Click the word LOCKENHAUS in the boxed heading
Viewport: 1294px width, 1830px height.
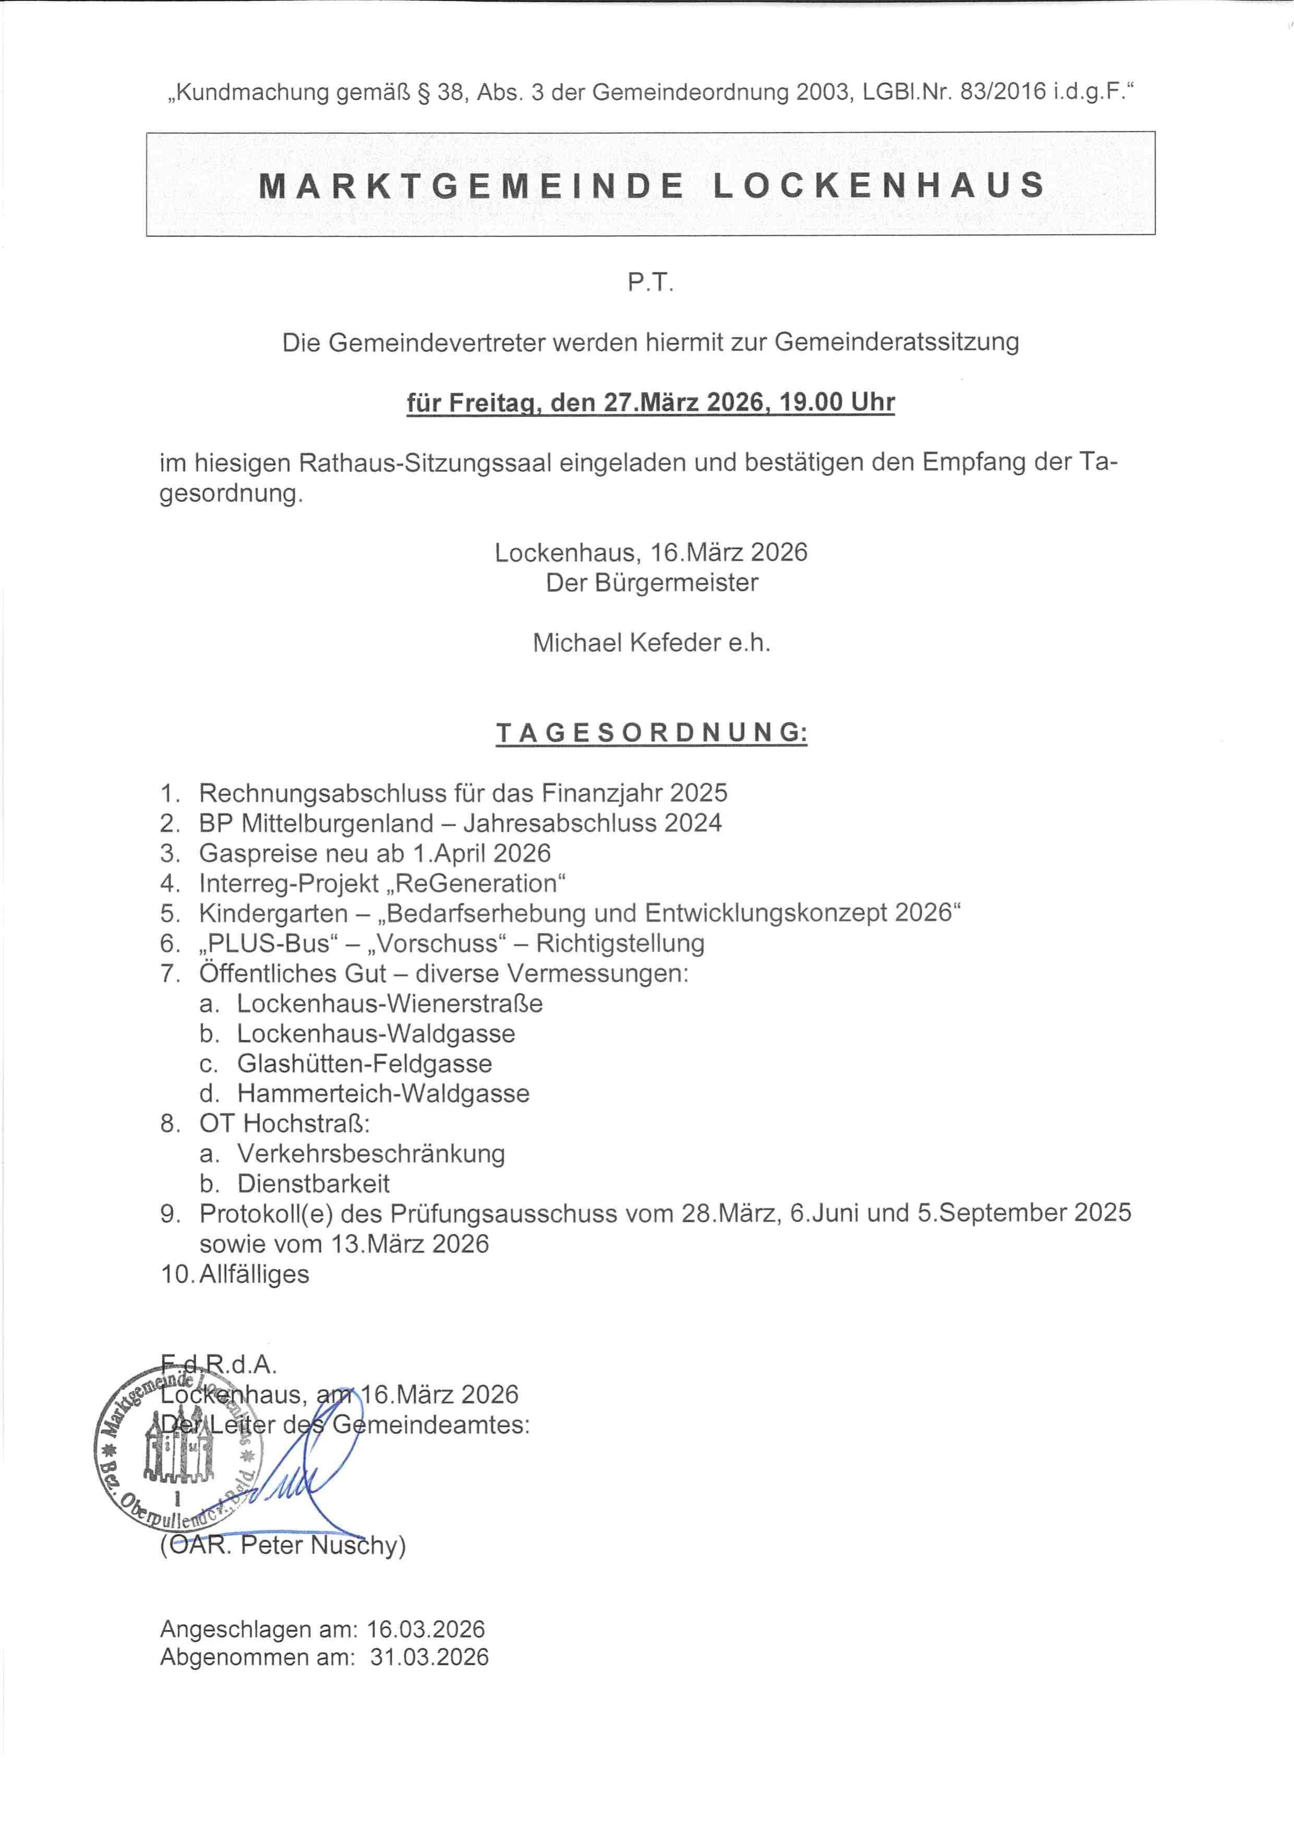878,185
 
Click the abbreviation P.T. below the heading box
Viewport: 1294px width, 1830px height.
650,283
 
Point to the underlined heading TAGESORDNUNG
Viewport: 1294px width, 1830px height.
652,732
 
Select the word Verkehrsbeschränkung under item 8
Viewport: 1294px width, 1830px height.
370,1153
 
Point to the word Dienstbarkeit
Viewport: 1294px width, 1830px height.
313,1184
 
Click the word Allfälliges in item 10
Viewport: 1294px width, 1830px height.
253,1274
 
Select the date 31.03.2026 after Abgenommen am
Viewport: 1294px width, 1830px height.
429,1658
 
